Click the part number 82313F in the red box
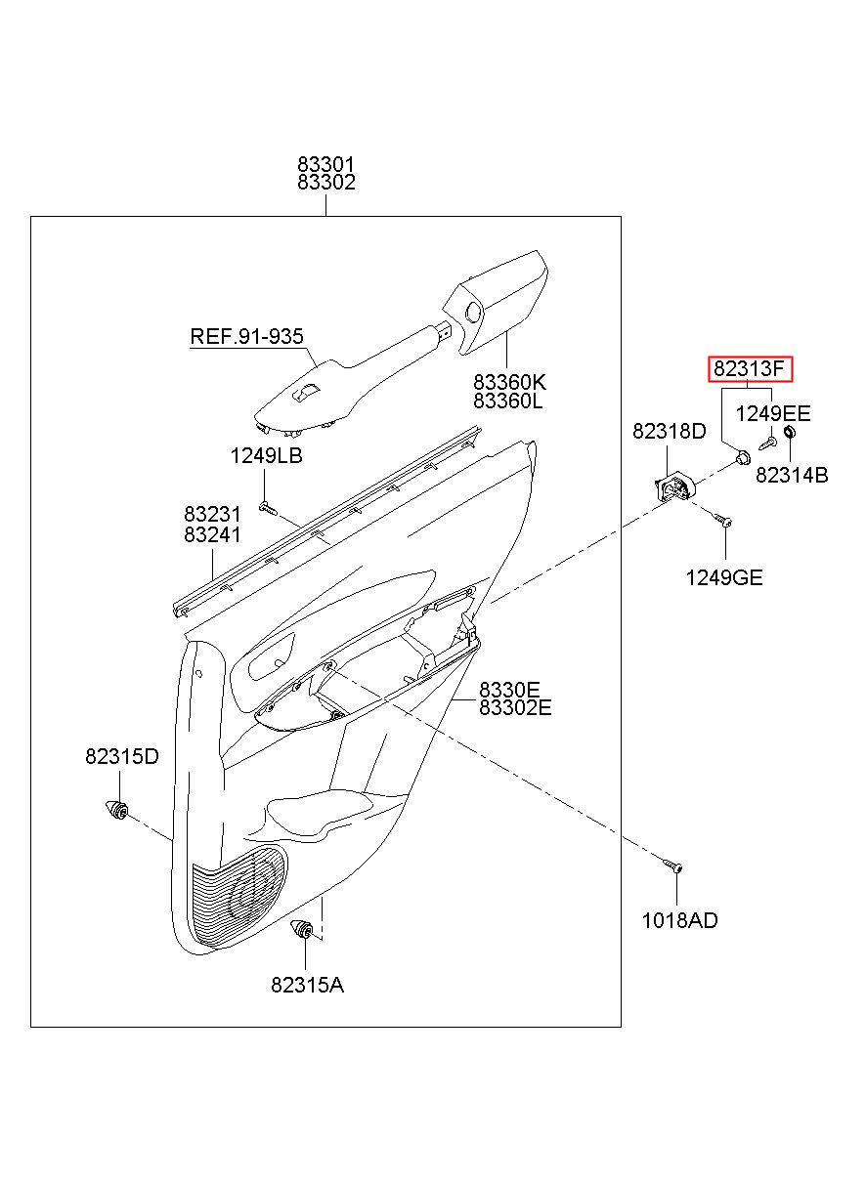coord(750,368)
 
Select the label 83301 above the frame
coord(325,164)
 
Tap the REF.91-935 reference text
coord(246,336)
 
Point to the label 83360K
coord(509,381)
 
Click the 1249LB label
coord(266,456)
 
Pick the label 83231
coord(212,514)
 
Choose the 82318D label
coord(669,432)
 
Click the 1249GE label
coord(724,577)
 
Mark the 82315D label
coord(121,757)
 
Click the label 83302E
coord(515,707)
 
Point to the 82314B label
coord(792,476)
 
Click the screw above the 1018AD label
coord(672,866)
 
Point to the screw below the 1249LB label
coord(268,509)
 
